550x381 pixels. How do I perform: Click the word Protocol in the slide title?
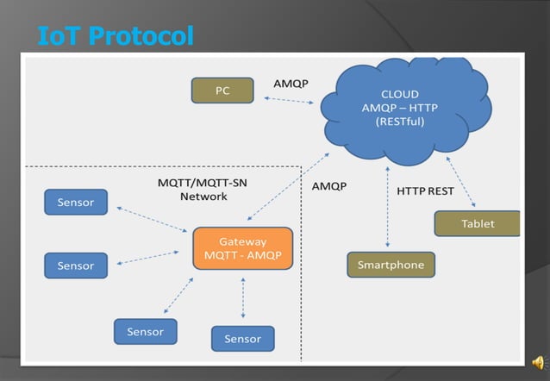(141, 36)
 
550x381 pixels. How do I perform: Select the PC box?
(222, 91)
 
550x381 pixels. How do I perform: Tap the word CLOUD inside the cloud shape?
(400, 94)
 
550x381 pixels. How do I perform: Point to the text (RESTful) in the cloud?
(400, 122)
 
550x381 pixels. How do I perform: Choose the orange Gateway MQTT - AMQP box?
(242, 249)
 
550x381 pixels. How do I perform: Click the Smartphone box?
(391, 265)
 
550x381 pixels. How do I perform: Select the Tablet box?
(478, 223)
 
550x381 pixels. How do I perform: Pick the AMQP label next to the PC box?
(291, 84)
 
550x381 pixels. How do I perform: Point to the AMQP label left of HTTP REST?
(329, 185)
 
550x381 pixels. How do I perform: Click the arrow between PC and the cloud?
(289, 100)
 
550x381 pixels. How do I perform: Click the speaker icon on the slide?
(537, 362)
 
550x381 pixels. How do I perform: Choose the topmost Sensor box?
(76, 203)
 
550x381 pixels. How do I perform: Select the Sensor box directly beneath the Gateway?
(242, 339)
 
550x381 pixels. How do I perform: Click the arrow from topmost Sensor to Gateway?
(153, 219)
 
